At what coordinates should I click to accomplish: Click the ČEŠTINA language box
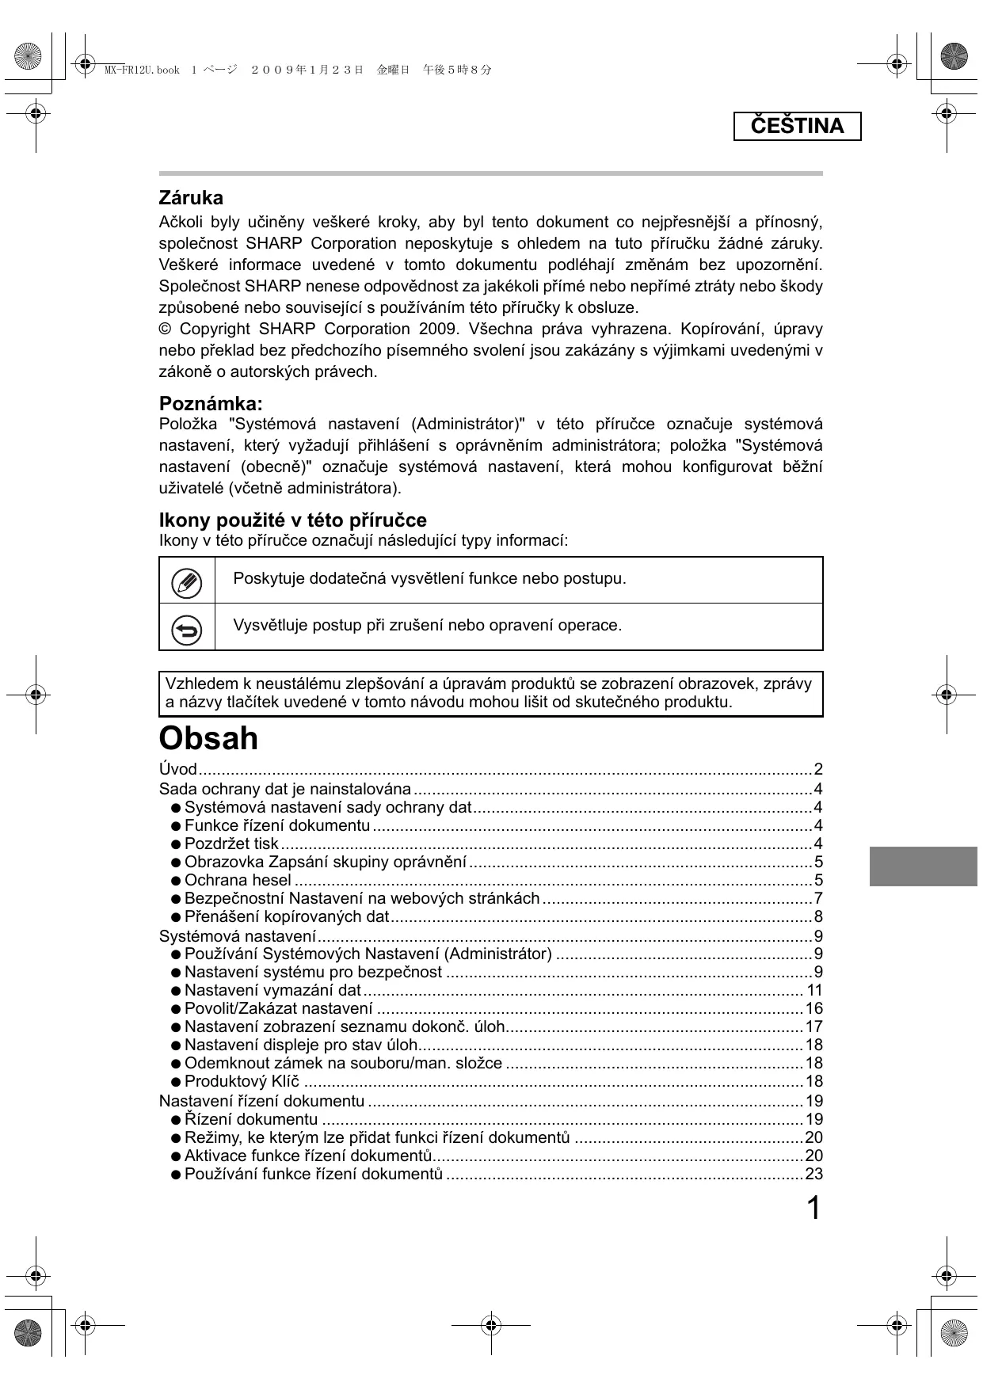pyautogui.click(x=797, y=127)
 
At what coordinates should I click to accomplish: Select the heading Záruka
pyautogui.click(x=191, y=198)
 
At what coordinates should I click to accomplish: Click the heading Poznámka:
pyautogui.click(x=211, y=403)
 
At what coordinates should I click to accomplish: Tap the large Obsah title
pyautogui.click(x=208, y=738)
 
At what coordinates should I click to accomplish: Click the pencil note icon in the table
pyautogui.click(x=187, y=583)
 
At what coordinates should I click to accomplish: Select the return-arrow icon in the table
pyautogui.click(x=187, y=630)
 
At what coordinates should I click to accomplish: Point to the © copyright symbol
pyautogui.click(x=165, y=329)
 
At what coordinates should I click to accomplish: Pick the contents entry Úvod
pyautogui.click(x=177, y=769)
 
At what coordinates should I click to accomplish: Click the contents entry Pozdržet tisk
pyautogui.click(x=231, y=844)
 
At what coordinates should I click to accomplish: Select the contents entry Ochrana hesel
pyautogui.click(x=238, y=881)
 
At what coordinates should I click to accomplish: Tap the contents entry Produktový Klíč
pyautogui.click(x=242, y=1082)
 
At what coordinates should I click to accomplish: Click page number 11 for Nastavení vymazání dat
pyautogui.click(x=814, y=991)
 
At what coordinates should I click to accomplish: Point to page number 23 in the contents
pyautogui.click(x=813, y=1175)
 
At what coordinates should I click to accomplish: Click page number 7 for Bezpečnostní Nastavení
pyautogui.click(x=818, y=899)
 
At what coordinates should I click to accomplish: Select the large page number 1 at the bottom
pyautogui.click(x=813, y=1209)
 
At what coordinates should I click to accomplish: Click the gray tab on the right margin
pyautogui.click(x=923, y=866)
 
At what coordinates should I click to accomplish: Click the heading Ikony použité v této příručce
pyautogui.click(x=292, y=520)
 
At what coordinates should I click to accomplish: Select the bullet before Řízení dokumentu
pyautogui.click(x=176, y=1120)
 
